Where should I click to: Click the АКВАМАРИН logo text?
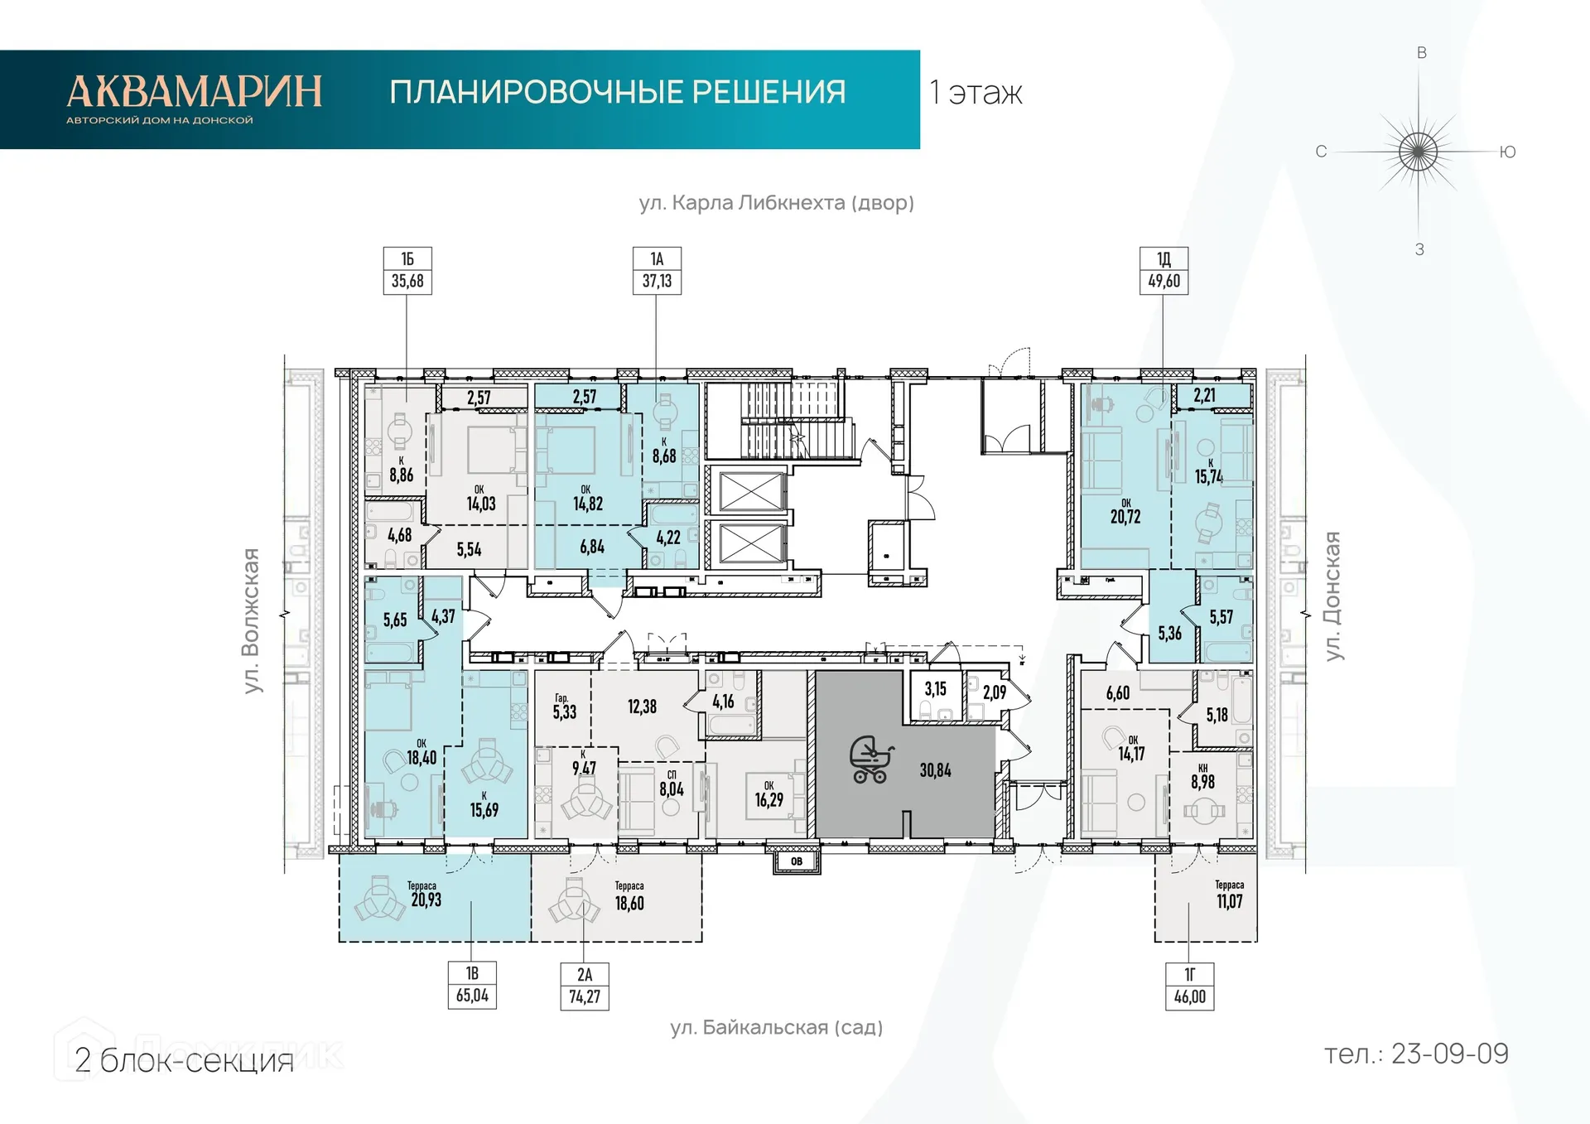click(x=195, y=91)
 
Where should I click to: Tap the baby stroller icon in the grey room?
click(x=870, y=760)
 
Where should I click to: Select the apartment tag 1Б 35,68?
click(x=407, y=271)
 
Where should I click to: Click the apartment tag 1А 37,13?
click(x=657, y=271)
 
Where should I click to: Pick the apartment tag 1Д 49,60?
click(x=1164, y=271)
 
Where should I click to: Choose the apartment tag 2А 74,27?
click(x=585, y=986)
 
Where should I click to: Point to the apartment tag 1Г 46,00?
click(x=1190, y=986)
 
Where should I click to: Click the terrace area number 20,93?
click(x=426, y=900)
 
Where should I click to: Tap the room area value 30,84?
click(x=935, y=770)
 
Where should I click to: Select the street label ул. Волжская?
click(x=251, y=620)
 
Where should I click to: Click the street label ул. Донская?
click(x=1332, y=596)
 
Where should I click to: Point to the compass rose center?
click(x=1419, y=152)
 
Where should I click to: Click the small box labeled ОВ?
click(x=797, y=861)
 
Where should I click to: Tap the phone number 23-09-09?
click(x=1449, y=1054)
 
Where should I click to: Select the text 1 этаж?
click(x=976, y=93)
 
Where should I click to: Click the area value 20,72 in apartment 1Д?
click(x=1125, y=517)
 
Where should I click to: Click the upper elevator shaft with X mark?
click(x=751, y=491)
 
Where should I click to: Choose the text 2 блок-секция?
click(x=184, y=1061)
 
